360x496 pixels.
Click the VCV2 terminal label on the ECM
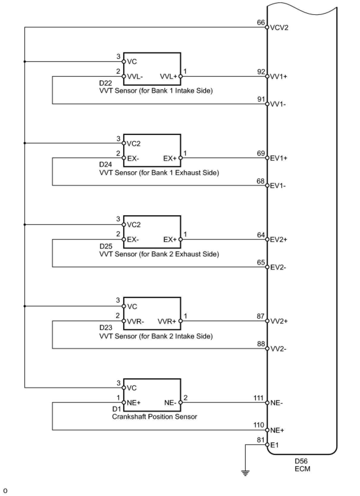[279, 28]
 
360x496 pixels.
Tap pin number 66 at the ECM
[261, 22]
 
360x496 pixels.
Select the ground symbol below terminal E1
[245, 473]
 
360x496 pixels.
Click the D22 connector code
[105, 83]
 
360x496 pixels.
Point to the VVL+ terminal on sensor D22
[168, 77]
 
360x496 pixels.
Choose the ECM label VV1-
[278, 104]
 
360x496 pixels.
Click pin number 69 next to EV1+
[261, 153]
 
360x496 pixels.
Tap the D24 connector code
[105, 164]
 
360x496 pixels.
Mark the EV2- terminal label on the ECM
[278, 267]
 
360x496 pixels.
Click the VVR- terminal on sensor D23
[135, 321]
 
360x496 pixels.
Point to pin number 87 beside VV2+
[261, 316]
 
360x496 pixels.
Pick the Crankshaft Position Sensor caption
[154, 417]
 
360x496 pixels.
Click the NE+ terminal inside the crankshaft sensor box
[134, 403]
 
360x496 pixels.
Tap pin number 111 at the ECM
[259, 398]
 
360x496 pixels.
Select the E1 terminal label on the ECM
[274, 445]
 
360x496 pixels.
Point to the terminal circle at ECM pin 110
[267, 430]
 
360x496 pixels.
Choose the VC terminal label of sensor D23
[132, 307]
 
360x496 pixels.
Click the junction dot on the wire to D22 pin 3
[25, 62]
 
